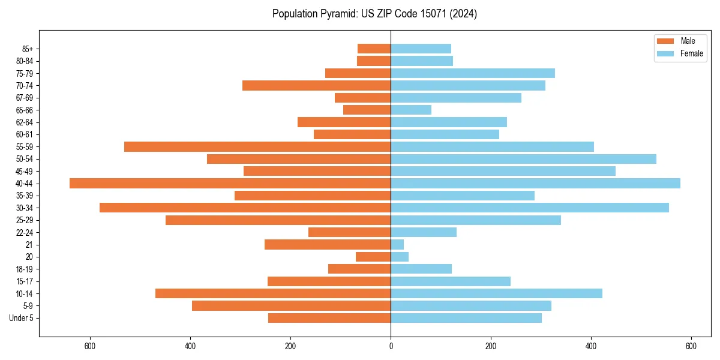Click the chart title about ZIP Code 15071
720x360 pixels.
pyautogui.click(x=374, y=14)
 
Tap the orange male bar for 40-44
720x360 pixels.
pyautogui.click(x=230, y=184)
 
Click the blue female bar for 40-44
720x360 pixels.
pyautogui.click(x=535, y=184)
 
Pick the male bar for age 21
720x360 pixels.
pyautogui.click(x=328, y=245)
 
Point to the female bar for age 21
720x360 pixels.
pyautogui.click(x=397, y=245)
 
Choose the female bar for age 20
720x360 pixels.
pyautogui.click(x=400, y=257)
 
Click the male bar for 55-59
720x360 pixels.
pyautogui.click(x=257, y=147)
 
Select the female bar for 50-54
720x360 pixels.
pyautogui.click(x=523, y=159)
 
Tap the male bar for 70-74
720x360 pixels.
pyautogui.click(x=316, y=86)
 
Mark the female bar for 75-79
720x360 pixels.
pyautogui.click(x=473, y=73)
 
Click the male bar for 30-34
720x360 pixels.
pyautogui.click(x=245, y=208)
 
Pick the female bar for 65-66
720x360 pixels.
pyautogui.click(x=411, y=110)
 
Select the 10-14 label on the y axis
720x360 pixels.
pyautogui.click(x=25, y=293)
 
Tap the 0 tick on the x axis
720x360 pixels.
pyautogui.click(x=391, y=346)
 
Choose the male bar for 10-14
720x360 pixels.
pyautogui.click(x=273, y=293)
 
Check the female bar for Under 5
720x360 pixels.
pyautogui.click(x=466, y=318)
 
